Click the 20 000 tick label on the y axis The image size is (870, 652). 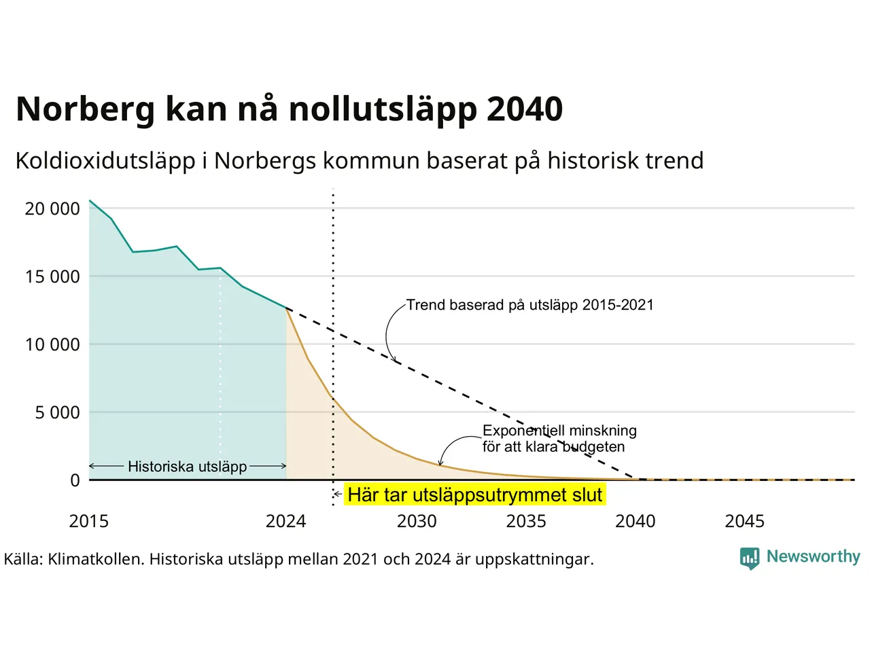coord(52,209)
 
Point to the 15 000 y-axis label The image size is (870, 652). coord(52,276)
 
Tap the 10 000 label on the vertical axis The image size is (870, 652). coord(52,345)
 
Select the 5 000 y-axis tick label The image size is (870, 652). coord(58,413)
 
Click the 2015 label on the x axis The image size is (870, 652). coord(89,522)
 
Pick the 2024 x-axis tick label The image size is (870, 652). coord(285,522)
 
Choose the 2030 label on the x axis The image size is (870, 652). coord(417,522)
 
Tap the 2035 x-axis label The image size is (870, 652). coord(526,522)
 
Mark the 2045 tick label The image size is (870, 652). coord(745,522)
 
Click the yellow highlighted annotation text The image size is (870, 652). coord(475,495)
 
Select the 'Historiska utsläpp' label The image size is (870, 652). coord(188,467)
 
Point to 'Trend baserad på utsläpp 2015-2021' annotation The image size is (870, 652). coord(530,305)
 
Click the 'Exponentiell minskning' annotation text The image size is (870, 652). coord(559,431)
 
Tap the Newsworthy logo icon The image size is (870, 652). coord(750,558)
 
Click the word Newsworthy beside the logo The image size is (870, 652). coord(814,557)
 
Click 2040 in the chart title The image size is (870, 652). coord(525,109)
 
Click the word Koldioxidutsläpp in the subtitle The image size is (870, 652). coord(105,161)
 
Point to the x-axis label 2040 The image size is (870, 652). coord(636,522)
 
